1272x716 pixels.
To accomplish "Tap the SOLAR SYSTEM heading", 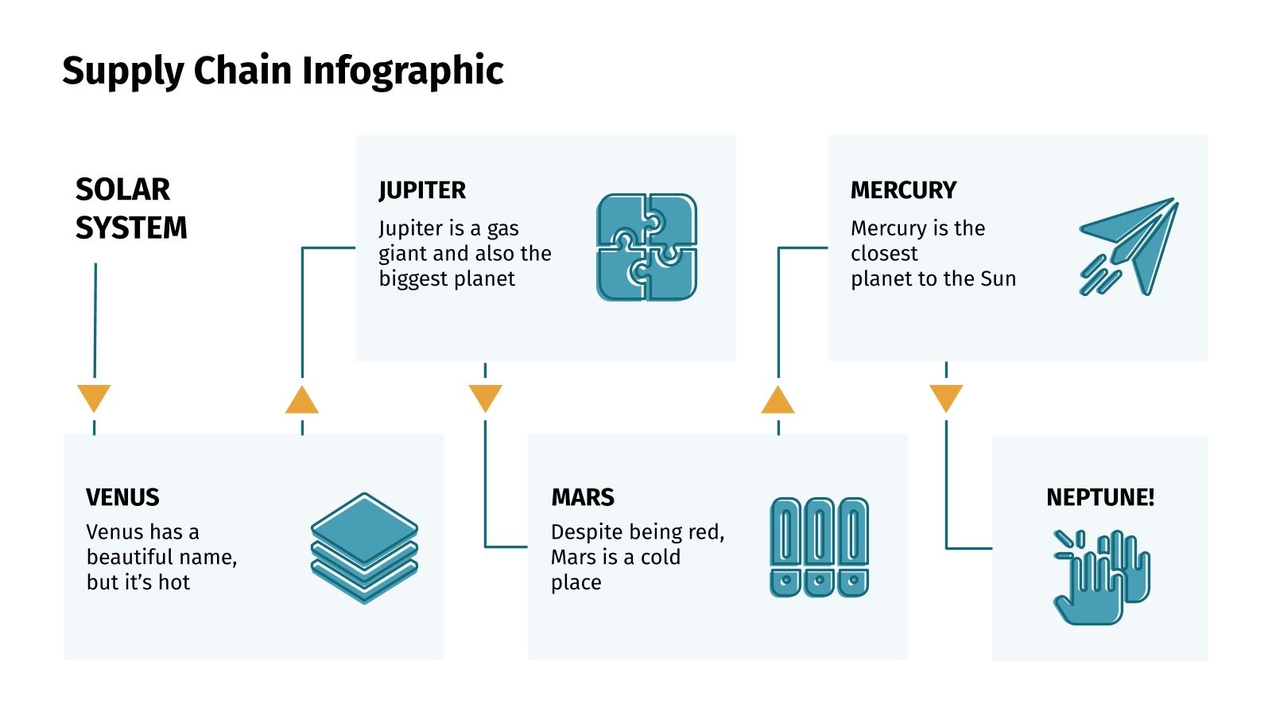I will [x=131, y=208].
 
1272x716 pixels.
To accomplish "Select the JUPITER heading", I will [x=422, y=190].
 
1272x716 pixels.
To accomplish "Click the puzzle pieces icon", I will [x=646, y=247].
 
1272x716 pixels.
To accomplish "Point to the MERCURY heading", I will [x=903, y=190].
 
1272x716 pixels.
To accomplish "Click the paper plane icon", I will [x=1129, y=247].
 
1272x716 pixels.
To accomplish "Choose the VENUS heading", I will [x=122, y=497].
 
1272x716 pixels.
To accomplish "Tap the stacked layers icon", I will [x=364, y=547].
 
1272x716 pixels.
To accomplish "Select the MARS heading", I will [x=583, y=497].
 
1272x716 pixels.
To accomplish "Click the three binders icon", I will [x=819, y=547].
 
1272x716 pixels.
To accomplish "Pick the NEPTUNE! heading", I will [x=1100, y=497].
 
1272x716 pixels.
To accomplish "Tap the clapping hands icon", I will [x=1101, y=576].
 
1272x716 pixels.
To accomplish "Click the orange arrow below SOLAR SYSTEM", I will [x=94, y=397].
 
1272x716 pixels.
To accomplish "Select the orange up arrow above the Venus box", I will [x=302, y=401].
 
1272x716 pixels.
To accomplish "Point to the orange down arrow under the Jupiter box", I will [x=485, y=397].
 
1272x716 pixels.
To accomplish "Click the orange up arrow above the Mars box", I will [x=778, y=401].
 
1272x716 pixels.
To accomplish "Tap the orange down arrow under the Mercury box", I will [x=946, y=397].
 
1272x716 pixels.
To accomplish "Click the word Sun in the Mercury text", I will [x=998, y=278].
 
